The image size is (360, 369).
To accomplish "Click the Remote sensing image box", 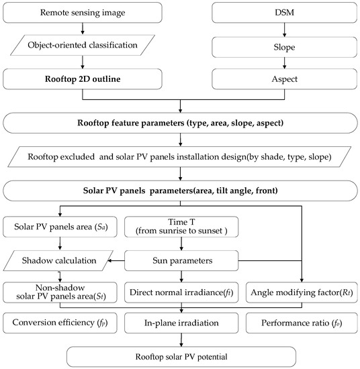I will (81, 13).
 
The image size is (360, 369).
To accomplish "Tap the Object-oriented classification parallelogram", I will (81, 45).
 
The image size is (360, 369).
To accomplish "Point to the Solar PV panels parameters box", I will (180, 190).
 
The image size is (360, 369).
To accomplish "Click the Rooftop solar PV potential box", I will (180, 356).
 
